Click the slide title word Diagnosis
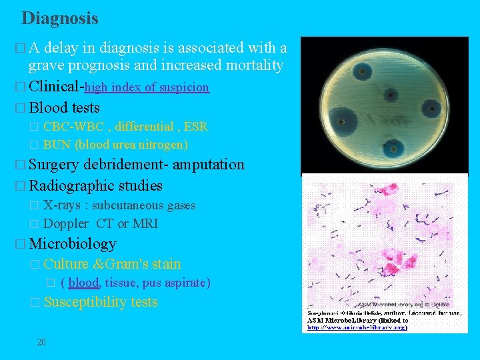coord(60,18)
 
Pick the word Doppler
coord(65,223)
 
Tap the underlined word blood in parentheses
coord(83,283)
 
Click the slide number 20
coord(41,342)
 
